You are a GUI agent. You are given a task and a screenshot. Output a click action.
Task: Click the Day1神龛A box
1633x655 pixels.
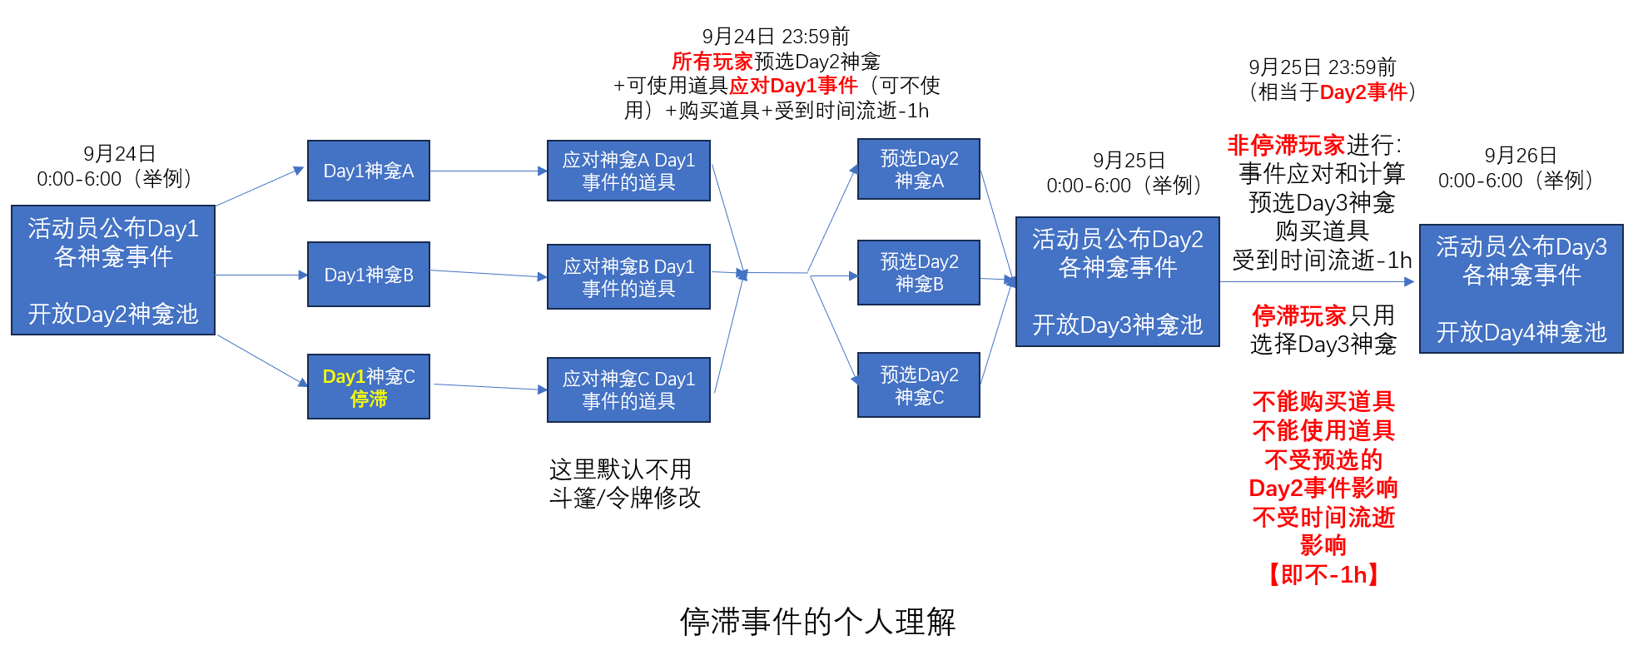pyautogui.click(x=368, y=171)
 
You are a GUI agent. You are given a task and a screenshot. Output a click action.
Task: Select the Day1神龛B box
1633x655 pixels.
pyautogui.click(x=368, y=275)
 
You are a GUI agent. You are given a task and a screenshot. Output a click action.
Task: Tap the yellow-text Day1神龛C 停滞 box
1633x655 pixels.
pyautogui.click(x=368, y=387)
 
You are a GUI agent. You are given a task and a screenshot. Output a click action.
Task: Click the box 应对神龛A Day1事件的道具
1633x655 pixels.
pyautogui.click(x=628, y=171)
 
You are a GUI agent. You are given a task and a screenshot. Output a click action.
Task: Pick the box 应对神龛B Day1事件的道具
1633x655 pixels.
pyautogui.click(x=628, y=277)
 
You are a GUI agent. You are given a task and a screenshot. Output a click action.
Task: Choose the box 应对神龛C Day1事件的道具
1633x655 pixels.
pyautogui.click(x=628, y=390)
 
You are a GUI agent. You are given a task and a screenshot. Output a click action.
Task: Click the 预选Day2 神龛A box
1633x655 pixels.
pyautogui.click(x=919, y=169)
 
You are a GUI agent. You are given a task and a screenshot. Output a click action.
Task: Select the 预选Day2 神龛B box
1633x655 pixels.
pyautogui.click(x=919, y=272)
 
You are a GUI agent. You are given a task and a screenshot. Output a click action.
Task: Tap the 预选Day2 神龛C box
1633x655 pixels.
pyautogui.click(x=919, y=385)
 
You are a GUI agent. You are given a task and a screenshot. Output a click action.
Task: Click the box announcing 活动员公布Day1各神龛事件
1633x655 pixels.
pyautogui.click(x=113, y=270)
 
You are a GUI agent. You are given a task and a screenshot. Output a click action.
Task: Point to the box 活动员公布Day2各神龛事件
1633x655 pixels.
pyautogui.click(x=1117, y=281)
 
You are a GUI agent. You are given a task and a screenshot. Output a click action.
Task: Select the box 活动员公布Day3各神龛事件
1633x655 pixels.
pyautogui.click(x=1521, y=289)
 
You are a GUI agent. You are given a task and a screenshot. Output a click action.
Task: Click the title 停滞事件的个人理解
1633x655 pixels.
pyautogui.click(x=817, y=622)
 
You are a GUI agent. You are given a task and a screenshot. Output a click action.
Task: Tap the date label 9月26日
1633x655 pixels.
pyautogui.click(x=1520, y=156)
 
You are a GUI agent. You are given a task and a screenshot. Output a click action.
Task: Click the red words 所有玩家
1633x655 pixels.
pyautogui.click(x=712, y=62)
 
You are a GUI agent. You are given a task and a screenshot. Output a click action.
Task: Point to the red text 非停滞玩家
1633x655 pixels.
pyautogui.click(x=1286, y=146)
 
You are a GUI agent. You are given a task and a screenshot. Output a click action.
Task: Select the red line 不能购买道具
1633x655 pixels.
pyautogui.click(x=1323, y=402)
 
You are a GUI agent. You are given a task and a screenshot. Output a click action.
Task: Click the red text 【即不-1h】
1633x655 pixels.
pyautogui.click(x=1323, y=574)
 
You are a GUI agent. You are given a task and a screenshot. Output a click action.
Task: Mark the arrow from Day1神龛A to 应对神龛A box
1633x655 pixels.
pyautogui.click(x=488, y=171)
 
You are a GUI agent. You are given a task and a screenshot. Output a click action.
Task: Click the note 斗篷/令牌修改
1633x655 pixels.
pyautogui.click(x=625, y=498)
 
